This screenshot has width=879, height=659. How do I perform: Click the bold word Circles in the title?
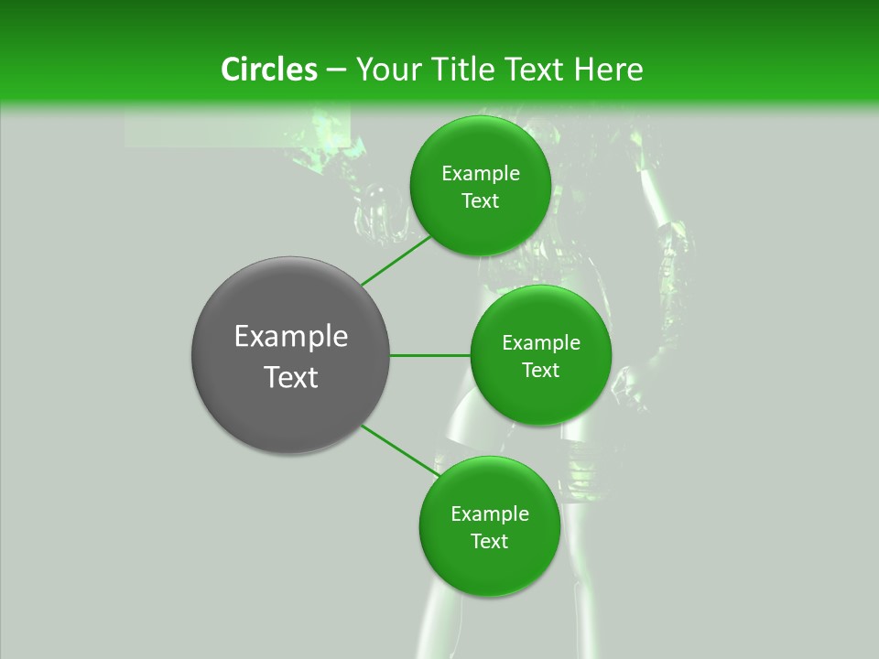click(268, 70)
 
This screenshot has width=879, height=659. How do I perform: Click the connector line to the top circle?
click(396, 260)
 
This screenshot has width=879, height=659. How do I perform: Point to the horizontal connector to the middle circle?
click(429, 355)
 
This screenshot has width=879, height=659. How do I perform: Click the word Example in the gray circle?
click(291, 337)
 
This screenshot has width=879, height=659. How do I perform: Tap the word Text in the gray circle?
click(291, 377)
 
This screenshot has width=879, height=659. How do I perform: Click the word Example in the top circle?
click(481, 174)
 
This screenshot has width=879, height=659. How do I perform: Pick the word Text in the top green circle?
click(481, 201)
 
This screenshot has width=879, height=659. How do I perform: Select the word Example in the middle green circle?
click(541, 343)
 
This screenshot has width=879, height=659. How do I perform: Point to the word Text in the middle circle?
click(541, 371)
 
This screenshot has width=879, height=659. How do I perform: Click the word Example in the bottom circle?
click(490, 514)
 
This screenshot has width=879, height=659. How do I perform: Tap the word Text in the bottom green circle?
click(490, 542)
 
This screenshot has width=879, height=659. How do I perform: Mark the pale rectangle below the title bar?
click(237, 127)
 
